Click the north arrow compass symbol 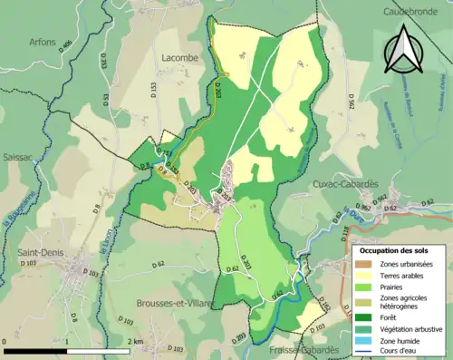click(x=404, y=49)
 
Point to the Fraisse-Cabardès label click(x=303, y=349)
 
